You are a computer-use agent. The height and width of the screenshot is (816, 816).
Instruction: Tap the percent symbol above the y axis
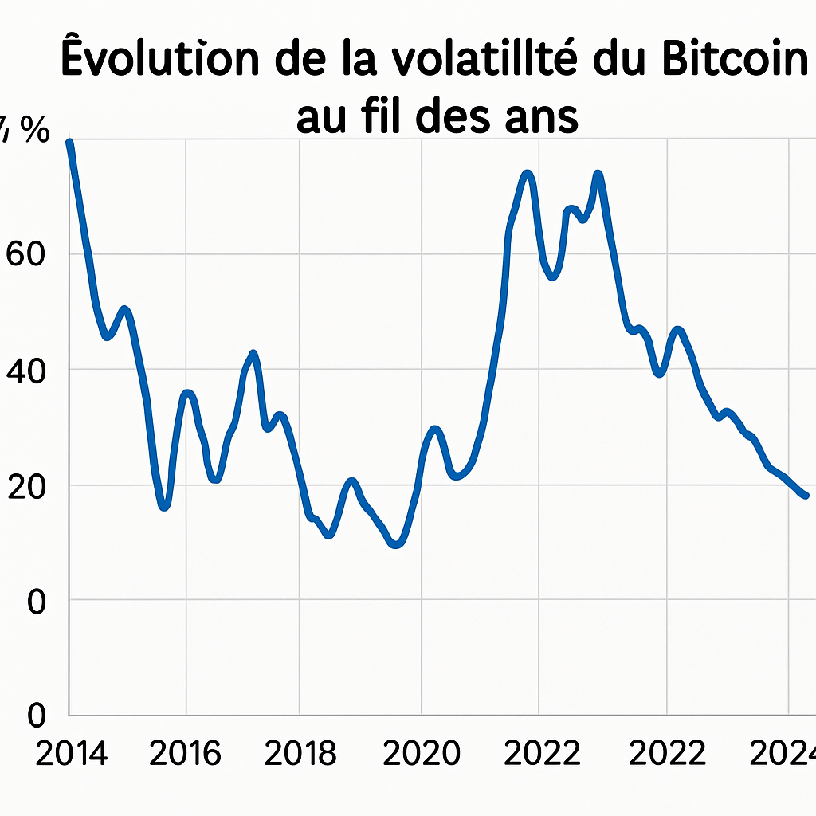pos(34,130)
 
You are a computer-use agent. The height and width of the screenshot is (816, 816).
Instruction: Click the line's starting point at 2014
pos(70,142)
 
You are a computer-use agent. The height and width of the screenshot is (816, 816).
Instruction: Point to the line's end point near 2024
pos(806,496)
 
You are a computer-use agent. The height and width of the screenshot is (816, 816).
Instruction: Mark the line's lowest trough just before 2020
pos(396,545)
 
